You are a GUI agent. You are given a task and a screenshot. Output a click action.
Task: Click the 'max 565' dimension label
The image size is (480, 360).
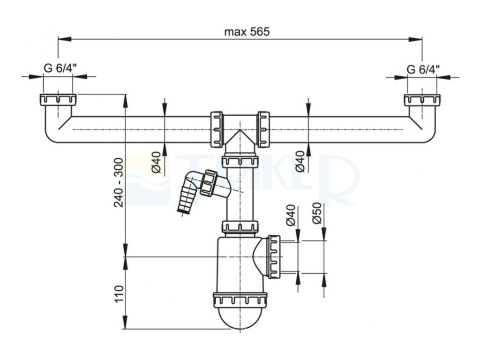(x=247, y=31)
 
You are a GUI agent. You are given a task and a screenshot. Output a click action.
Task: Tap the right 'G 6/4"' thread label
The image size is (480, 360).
(x=423, y=69)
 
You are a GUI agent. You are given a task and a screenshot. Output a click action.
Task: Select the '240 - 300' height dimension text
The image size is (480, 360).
(x=119, y=182)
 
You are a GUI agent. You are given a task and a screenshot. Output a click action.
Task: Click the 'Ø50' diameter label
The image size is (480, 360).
(x=317, y=213)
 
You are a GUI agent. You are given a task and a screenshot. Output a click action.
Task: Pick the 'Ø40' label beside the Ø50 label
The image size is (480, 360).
(x=291, y=215)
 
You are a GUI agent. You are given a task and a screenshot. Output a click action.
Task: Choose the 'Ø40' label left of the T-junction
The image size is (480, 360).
(x=156, y=162)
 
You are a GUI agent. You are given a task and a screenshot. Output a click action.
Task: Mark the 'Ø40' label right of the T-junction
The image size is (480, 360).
(x=300, y=162)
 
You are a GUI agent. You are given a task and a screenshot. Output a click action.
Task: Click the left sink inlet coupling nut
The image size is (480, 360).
(x=58, y=100)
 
